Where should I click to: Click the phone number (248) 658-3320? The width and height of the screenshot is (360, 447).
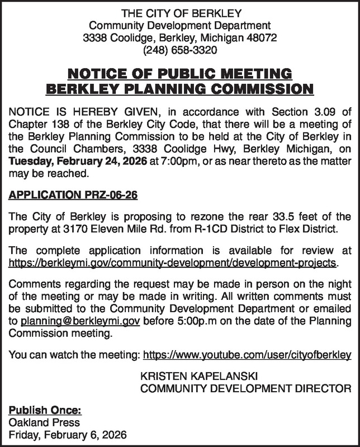(x=179, y=50)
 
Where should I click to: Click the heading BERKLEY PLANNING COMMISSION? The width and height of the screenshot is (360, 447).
(x=179, y=88)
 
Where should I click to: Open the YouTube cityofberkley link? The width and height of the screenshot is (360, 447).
(x=247, y=354)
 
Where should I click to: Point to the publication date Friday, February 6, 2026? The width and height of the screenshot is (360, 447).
(x=67, y=435)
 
